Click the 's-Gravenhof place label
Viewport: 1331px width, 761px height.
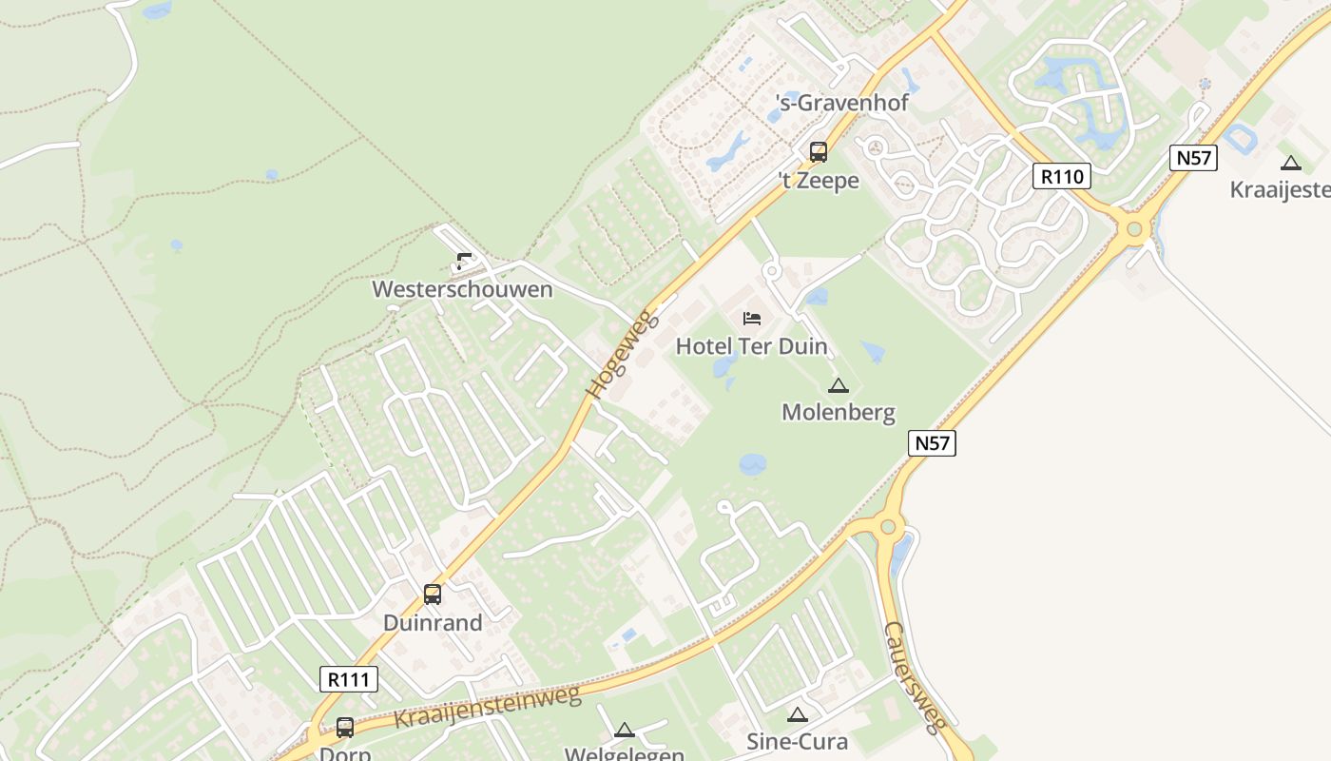[x=842, y=102]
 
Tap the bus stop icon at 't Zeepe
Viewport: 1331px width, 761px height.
[x=818, y=151]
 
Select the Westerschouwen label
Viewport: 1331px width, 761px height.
[x=462, y=289]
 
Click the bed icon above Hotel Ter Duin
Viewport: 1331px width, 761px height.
[x=752, y=318]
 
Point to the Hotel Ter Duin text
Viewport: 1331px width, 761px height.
[x=751, y=346]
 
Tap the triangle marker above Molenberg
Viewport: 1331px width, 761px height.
[x=838, y=385]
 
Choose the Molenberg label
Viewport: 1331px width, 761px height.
[x=838, y=412]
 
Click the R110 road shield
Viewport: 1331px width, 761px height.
[x=1062, y=176]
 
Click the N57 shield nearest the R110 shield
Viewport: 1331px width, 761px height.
[x=1193, y=157]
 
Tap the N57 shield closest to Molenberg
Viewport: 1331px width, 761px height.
[x=932, y=442]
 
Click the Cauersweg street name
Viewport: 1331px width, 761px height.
[x=913, y=676]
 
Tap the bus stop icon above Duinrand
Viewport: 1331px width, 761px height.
[x=433, y=595]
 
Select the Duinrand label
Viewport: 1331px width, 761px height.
[x=433, y=623]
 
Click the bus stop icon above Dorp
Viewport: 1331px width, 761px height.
[x=344, y=728]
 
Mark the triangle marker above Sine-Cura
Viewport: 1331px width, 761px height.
[x=797, y=714]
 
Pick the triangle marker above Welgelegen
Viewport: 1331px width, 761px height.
[x=624, y=730]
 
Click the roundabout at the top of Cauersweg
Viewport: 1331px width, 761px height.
[x=888, y=525]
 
